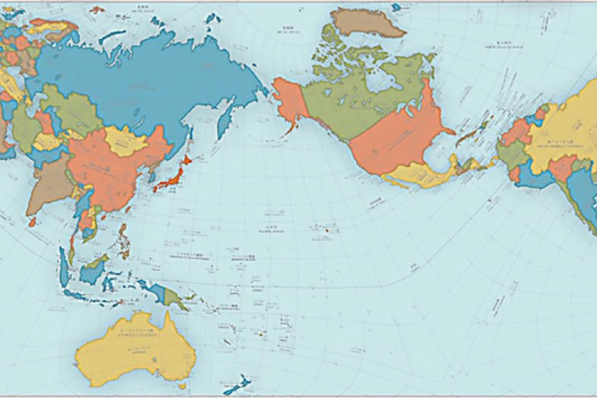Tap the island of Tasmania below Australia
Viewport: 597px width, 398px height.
click(x=182, y=386)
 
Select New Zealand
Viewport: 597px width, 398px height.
click(x=236, y=385)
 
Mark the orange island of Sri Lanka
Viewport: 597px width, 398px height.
click(x=32, y=222)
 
